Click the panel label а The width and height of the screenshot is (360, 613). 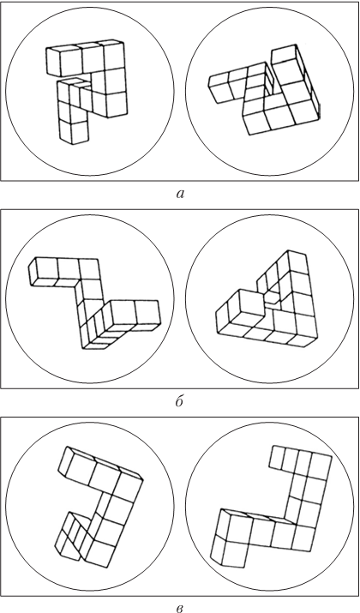click(180, 194)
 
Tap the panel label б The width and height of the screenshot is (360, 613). click(179, 401)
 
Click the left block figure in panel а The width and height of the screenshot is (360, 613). click(87, 91)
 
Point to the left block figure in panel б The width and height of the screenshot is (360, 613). click(93, 303)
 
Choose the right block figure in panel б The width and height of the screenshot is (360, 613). click(267, 298)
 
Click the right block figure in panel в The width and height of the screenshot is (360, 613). click(270, 507)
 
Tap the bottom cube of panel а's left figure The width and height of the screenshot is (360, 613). click(74, 132)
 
